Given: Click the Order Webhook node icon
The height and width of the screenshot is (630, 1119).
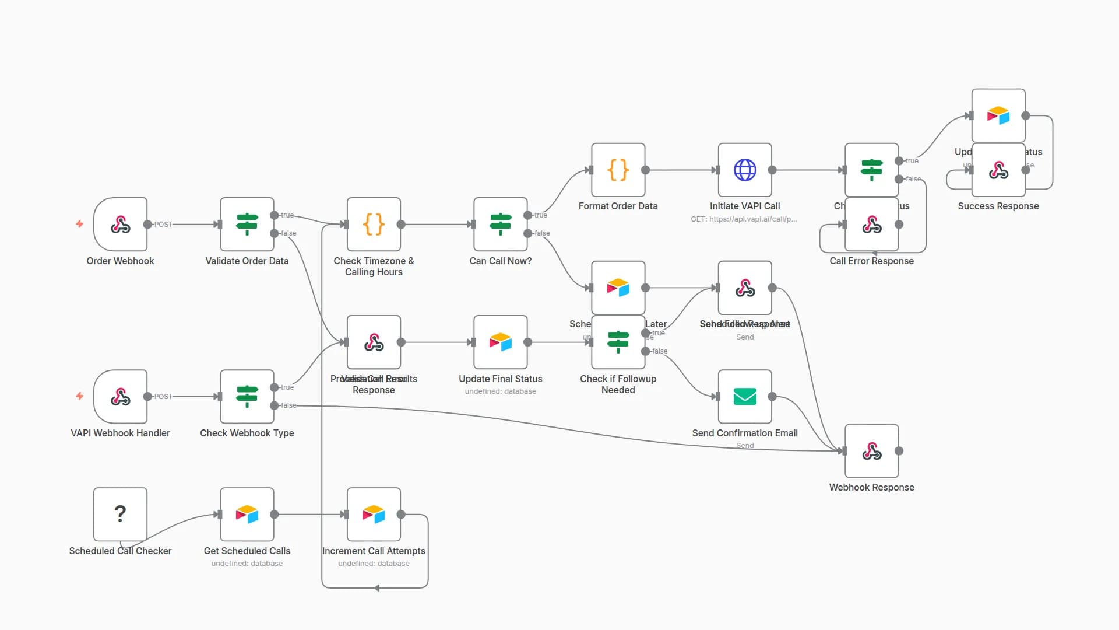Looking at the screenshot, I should [120, 225].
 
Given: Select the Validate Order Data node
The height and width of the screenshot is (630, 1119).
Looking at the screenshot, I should [247, 225].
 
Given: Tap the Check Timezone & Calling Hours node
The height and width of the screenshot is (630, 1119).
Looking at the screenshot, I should [374, 225].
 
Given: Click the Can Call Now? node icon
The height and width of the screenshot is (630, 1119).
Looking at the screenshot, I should [500, 225].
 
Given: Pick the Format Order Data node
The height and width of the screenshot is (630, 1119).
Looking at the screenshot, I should [618, 170].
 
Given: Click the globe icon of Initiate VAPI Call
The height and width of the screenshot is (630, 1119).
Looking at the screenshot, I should [745, 170].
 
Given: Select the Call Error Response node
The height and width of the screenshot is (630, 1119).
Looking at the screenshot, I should [871, 225].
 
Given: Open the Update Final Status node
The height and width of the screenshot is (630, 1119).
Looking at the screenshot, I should [500, 342].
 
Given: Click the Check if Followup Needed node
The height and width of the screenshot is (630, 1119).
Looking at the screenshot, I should [618, 342].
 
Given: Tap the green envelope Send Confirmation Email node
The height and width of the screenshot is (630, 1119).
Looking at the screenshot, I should [745, 397].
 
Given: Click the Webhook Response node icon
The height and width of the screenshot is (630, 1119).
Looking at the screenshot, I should [871, 451].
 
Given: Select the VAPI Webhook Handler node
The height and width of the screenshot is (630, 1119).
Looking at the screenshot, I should [120, 397].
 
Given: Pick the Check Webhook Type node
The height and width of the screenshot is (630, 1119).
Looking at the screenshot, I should [247, 397].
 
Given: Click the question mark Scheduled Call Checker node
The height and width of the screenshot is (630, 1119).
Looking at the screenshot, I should [120, 514].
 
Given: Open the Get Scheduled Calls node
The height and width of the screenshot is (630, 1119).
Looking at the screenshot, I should [247, 514].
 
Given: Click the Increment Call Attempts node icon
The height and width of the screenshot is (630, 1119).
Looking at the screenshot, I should [374, 514].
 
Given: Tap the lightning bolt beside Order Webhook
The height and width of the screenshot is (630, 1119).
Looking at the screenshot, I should [80, 224].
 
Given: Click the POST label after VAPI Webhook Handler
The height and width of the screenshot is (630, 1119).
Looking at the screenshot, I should [163, 397].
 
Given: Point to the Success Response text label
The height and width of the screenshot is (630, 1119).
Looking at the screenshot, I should [998, 206].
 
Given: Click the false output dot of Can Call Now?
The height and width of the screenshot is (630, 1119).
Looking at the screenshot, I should [528, 233].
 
